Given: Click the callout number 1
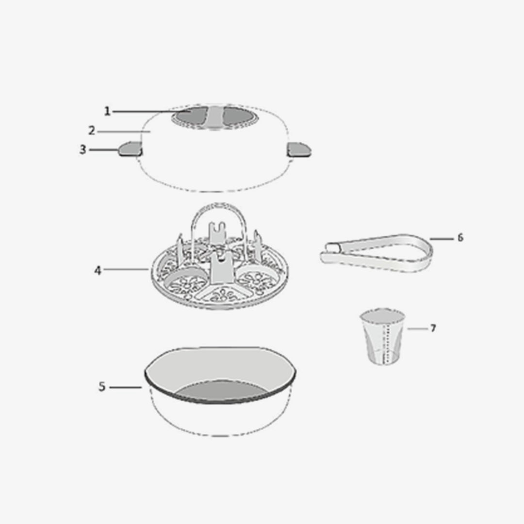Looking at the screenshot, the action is (107, 111).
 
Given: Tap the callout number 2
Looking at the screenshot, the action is (92, 131).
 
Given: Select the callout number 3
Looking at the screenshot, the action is (82, 150).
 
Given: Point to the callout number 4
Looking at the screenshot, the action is (97, 270).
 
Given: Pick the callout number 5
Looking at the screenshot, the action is (102, 387).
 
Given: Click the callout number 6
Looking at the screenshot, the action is (460, 238).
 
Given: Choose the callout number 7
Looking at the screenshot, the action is (433, 328).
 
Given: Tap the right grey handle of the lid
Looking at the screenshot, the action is (299, 149).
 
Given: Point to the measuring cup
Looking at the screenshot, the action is (383, 336).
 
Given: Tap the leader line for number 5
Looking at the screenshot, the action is (126, 387).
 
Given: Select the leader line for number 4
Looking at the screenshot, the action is (126, 269).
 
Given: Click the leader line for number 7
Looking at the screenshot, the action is (417, 329).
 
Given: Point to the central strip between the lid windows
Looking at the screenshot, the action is (216, 117).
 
